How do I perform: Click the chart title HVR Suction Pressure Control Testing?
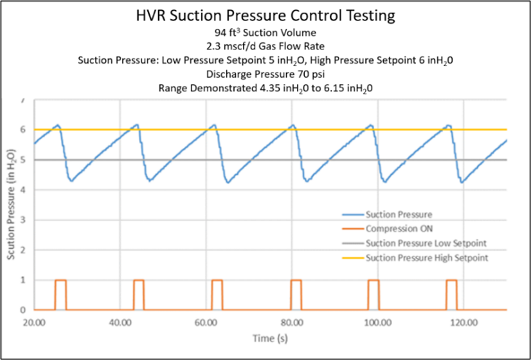tap(265, 16)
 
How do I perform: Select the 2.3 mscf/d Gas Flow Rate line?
tap(265, 48)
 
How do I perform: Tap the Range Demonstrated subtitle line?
tap(265, 88)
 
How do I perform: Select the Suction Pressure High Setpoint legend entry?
tap(426, 258)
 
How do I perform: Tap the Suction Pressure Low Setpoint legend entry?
tap(425, 244)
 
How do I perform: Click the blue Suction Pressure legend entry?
tap(398, 215)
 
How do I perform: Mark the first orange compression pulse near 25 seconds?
tap(60, 280)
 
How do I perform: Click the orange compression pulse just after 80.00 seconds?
tap(296, 280)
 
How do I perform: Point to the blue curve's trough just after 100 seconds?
tap(385, 182)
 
